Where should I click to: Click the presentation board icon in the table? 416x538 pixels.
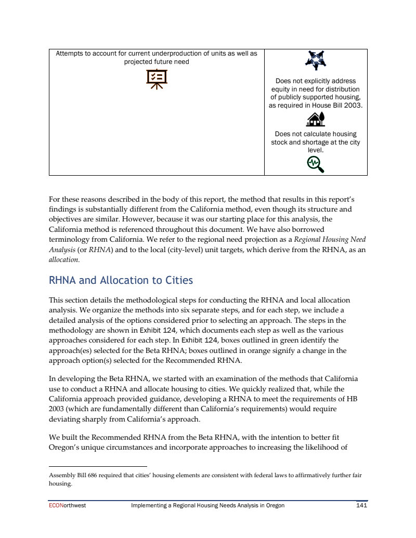click(157, 79)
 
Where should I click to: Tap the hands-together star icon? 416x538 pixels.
click(316, 61)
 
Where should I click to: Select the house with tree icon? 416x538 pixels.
click(316, 120)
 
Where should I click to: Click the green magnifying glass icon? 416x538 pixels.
click(316, 164)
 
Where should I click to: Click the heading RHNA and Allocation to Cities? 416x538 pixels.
click(121, 281)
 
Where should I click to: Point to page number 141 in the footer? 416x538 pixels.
click(361, 505)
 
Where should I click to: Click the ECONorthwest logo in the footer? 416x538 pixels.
click(67, 505)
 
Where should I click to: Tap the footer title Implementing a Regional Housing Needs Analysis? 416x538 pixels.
click(207, 505)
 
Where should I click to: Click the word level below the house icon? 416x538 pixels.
click(315, 150)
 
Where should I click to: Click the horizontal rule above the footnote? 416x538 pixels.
click(98, 467)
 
